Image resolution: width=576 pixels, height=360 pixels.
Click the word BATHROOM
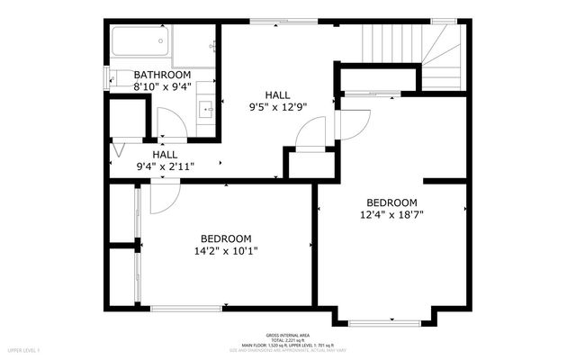[162, 75]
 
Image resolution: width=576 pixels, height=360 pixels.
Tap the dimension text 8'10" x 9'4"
[162, 87]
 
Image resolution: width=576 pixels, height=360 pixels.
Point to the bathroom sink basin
[206, 111]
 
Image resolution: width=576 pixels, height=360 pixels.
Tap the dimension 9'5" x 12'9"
[278, 106]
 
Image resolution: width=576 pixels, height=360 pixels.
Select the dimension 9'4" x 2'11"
[165, 166]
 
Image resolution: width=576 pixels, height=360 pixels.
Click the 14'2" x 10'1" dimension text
[225, 251]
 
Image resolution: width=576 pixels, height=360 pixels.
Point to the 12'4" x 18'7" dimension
[391, 214]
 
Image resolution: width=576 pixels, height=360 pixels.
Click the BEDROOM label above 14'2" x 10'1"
[225, 238]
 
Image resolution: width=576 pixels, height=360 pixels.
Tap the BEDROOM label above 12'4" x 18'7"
[391, 202]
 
